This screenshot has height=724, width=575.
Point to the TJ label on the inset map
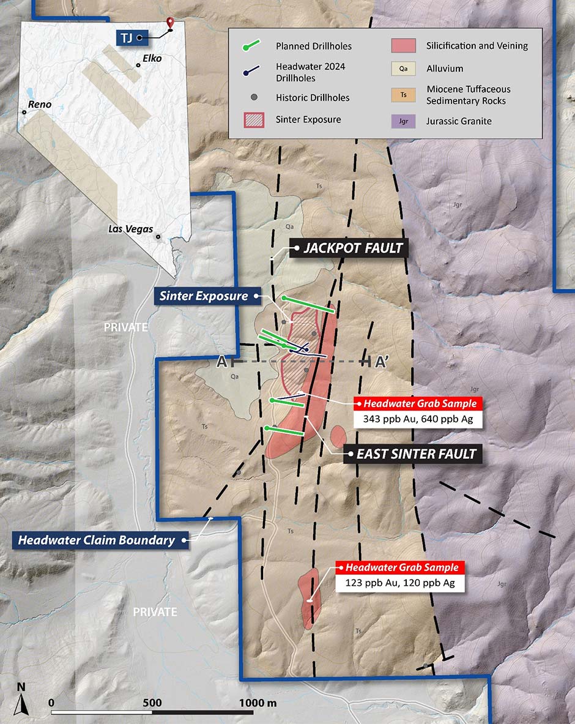(x=125, y=37)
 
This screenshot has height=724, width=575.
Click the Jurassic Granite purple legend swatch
(x=404, y=121)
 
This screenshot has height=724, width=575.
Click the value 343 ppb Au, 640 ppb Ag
(x=417, y=420)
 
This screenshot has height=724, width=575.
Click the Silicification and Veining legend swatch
(x=404, y=45)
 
